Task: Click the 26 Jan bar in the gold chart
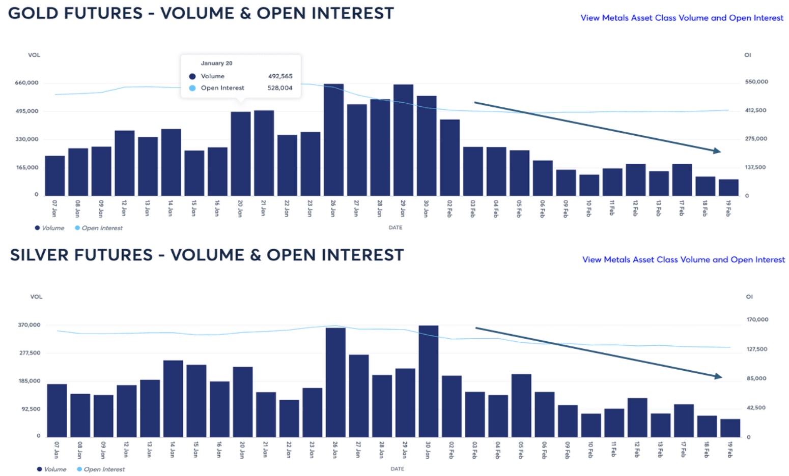pyautogui.click(x=333, y=140)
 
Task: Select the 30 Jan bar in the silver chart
pyautogui.click(x=428, y=381)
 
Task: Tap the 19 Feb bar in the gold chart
pyautogui.click(x=728, y=188)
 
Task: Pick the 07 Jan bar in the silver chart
pyautogui.click(x=57, y=410)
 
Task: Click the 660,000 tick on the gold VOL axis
pyautogui.click(x=26, y=83)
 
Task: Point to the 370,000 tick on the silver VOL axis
pyautogui.click(x=29, y=325)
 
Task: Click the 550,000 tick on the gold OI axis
pyautogui.click(x=756, y=82)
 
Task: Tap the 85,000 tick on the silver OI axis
pyautogui.click(x=756, y=378)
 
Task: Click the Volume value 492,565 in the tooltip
pyautogui.click(x=280, y=76)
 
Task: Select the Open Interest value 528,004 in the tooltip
pyautogui.click(x=280, y=88)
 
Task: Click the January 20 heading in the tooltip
pyautogui.click(x=216, y=63)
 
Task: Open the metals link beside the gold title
pyautogui.click(x=682, y=18)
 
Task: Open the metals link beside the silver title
pyautogui.click(x=684, y=259)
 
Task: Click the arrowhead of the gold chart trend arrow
pyautogui.click(x=717, y=151)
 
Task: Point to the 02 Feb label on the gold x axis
pyautogui.click(x=449, y=209)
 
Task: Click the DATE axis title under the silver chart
pyautogui.click(x=397, y=469)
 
